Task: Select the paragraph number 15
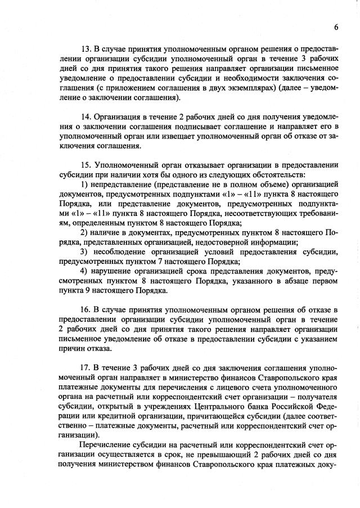(x=87, y=165)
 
